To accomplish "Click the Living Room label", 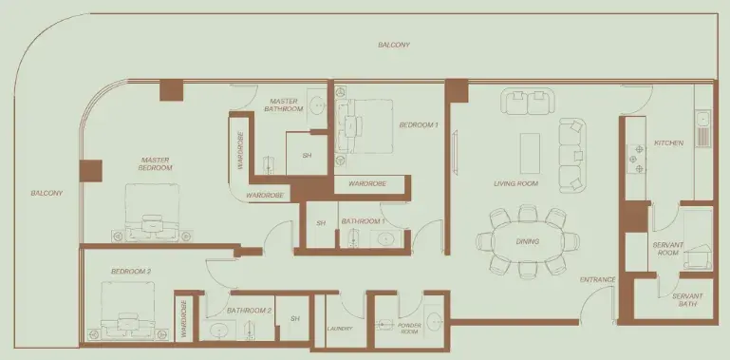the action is point(515,183).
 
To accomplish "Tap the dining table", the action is point(528,241).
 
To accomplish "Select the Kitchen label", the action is point(668,143).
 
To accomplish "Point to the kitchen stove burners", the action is point(636,159).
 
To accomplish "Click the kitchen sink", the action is point(703,128).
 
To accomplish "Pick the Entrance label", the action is point(598,280).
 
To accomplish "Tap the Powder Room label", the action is point(409,329).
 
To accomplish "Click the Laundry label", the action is point(340,329).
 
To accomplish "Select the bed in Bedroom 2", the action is point(128,311).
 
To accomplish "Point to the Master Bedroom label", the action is point(156,163).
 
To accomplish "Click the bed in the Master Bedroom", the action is point(152,212).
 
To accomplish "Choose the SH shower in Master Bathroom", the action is point(307,156).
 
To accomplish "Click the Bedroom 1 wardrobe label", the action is point(367,184).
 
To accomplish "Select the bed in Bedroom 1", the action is point(365,126).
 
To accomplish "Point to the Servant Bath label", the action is point(687,299).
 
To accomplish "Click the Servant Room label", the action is point(668,249).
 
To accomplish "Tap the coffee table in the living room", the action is point(530,146).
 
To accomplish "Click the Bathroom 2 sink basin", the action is point(217,331).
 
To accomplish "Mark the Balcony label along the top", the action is point(394,46).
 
